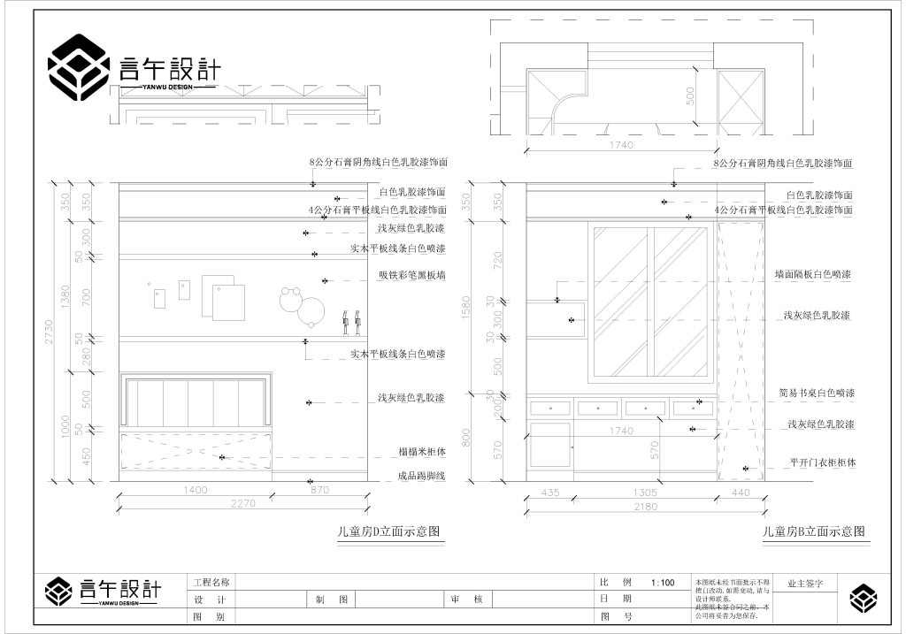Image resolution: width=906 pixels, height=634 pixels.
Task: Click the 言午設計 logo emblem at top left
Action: [79, 67]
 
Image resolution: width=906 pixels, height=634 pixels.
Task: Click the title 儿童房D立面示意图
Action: [388, 531]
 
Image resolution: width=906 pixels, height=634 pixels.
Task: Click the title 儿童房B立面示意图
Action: [815, 531]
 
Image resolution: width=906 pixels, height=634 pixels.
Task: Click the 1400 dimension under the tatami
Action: [195, 489]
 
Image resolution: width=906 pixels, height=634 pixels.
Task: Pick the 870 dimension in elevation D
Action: [319, 489]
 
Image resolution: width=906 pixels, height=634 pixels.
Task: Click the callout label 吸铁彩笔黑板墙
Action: [411, 276]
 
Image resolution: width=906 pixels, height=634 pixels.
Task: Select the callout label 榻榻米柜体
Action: [422, 452]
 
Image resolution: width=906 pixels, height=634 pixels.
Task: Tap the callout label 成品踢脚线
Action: [421, 477]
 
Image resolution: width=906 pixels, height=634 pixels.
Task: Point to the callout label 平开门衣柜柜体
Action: [822, 462]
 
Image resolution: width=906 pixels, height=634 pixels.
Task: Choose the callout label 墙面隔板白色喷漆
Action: [812, 275]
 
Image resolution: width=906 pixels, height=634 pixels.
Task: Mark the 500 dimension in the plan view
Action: [689, 95]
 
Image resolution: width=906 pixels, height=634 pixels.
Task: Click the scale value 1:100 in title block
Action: [662, 583]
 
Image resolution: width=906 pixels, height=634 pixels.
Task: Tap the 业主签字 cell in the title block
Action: [805, 584]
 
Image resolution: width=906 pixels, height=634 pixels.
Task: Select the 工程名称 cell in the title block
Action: [211, 583]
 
